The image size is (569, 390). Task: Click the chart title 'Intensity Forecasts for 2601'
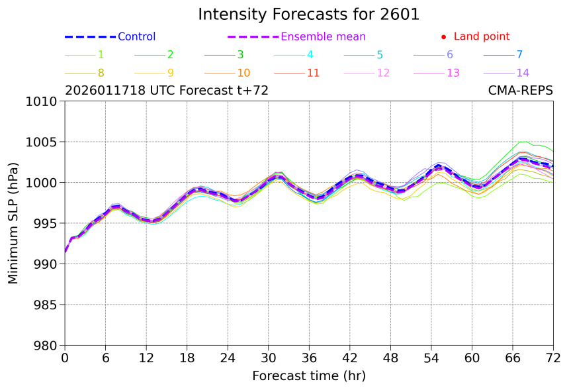pos(309,15)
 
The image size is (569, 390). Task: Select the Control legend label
pos(136,37)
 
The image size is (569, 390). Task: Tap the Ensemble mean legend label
pos(323,37)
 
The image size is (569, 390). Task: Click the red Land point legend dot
pos(443,37)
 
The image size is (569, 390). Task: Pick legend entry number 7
pos(519,55)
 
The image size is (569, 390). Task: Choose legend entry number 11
pos(313,73)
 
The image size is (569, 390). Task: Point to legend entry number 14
pos(523,73)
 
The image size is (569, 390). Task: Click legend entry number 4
pos(310,55)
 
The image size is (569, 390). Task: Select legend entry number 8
pos(101,73)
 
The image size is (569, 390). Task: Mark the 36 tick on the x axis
pos(309,358)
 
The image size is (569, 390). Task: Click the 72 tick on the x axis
pos(553,358)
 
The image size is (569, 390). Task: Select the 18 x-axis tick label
pos(187,358)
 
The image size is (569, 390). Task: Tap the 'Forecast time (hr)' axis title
pos(309,376)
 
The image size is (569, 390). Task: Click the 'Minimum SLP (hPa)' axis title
pos(13,223)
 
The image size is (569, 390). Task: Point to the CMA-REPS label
pos(520,91)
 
